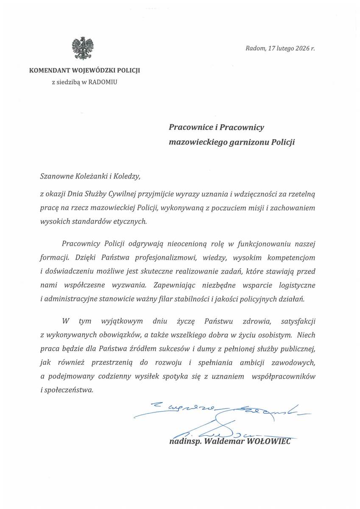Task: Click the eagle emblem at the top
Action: click(83, 48)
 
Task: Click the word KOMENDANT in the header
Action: click(47, 70)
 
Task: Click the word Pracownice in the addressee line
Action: click(189, 127)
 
